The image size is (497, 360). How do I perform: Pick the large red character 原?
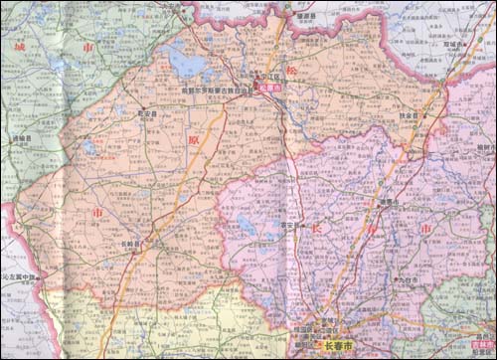(192, 140)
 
